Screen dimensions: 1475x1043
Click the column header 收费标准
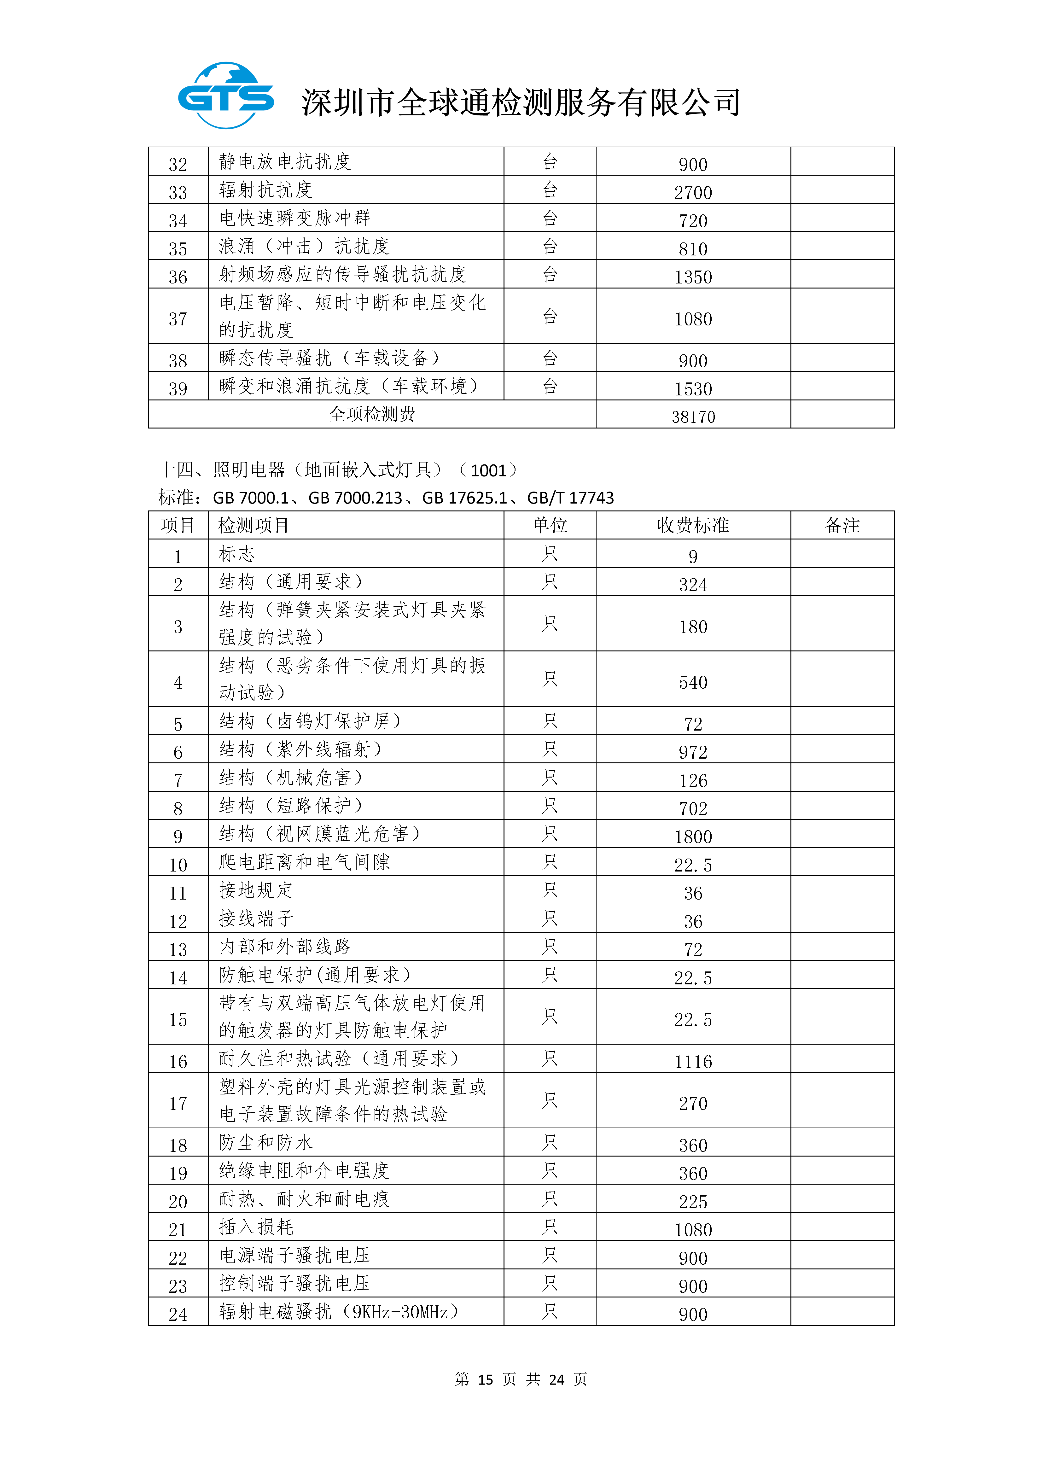pyautogui.click(x=693, y=526)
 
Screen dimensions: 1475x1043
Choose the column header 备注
pyautogui.click(x=842, y=526)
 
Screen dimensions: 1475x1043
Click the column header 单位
pyautogui.click(x=550, y=526)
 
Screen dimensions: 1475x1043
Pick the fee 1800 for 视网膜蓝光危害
pyautogui.click(x=693, y=837)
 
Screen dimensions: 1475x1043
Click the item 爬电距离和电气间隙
pyautogui.click(x=305, y=862)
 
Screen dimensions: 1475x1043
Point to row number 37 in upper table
pyautogui.click(x=178, y=319)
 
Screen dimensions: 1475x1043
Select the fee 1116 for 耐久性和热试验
pyautogui.click(x=693, y=1061)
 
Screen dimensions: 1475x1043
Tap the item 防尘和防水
pyautogui.click(x=266, y=1142)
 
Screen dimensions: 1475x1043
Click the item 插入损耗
pyautogui.click(x=256, y=1227)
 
